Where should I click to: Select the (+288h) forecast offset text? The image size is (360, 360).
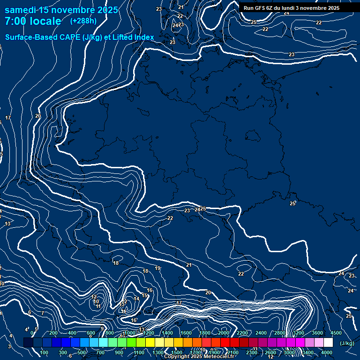pyautogui.click(x=83, y=21)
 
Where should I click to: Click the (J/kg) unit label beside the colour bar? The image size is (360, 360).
pyautogui.click(x=346, y=344)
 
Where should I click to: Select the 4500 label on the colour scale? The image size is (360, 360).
pyautogui.click(x=336, y=333)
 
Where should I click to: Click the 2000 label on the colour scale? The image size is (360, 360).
pyautogui.click(x=224, y=333)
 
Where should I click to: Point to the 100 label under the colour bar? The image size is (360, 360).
pyautogui.click(x=44, y=352)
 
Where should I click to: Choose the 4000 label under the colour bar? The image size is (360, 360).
pyautogui.click(x=327, y=352)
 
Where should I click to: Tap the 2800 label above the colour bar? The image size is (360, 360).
pyautogui.click(x=280, y=333)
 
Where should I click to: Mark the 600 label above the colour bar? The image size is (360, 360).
pyautogui.click(x=91, y=333)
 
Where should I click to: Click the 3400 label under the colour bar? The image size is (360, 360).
pyautogui.click(x=308, y=352)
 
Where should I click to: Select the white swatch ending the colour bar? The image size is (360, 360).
pyautogui.click(x=329, y=343)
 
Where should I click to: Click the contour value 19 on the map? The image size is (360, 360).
pyautogui.click(x=157, y=269)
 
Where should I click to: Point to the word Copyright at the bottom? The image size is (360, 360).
pyautogui.click(x=176, y=357)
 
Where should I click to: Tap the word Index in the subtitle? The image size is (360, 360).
pyautogui.click(x=144, y=37)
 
